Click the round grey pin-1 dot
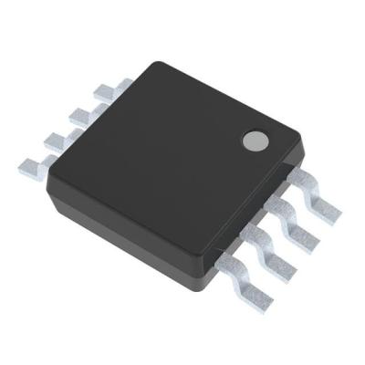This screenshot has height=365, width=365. click(x=254, y=141)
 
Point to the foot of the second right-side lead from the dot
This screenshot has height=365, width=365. click(x=304, y=239)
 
